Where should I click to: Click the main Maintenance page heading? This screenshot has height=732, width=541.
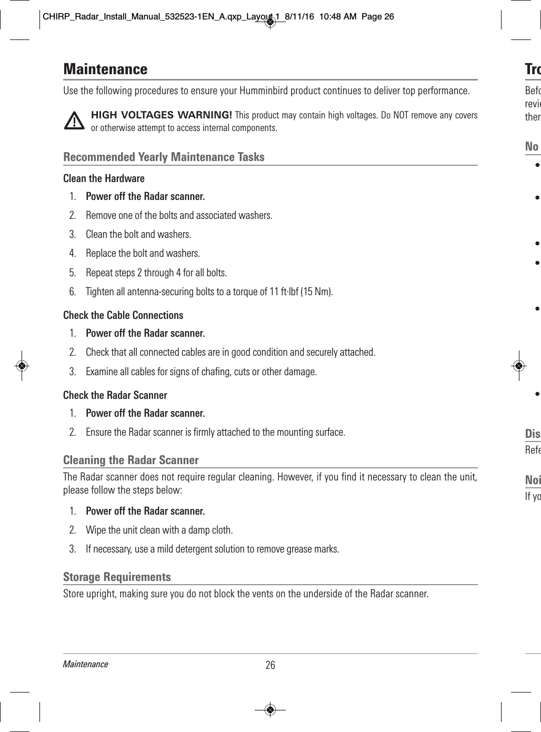point(105,69)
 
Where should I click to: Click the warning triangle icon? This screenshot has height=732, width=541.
point(74,121)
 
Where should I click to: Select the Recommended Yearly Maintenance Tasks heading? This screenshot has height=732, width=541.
point(164,157)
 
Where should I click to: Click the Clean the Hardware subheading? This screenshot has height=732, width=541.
point(104,178)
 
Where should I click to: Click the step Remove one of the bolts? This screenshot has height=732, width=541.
point(179,215)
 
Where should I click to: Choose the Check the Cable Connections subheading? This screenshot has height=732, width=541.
point(123,315)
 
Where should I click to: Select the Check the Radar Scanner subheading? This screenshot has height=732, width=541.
point(115,395)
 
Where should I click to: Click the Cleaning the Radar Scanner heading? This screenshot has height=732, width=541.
point(131,460)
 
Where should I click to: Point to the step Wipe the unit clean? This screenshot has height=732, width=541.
point(159,530)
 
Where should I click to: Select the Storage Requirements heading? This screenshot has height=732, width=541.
point(117,577)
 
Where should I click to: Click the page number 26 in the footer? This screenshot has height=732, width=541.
point(270,665)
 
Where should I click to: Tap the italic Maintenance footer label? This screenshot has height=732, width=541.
point(85,664)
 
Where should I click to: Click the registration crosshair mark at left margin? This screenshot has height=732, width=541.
point(22,366)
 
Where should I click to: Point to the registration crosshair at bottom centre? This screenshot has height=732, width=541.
point(270,709)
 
